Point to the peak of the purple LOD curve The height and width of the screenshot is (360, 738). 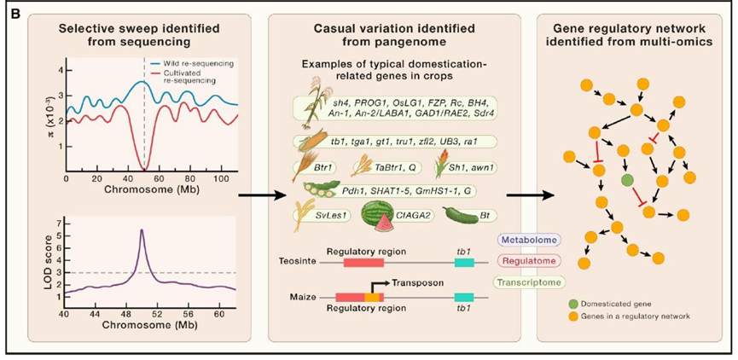point(141,229)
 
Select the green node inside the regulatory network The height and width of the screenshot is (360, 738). point(628,180)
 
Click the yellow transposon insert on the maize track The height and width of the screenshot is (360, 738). point(372,296)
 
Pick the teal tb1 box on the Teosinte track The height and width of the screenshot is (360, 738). point(464,264)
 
